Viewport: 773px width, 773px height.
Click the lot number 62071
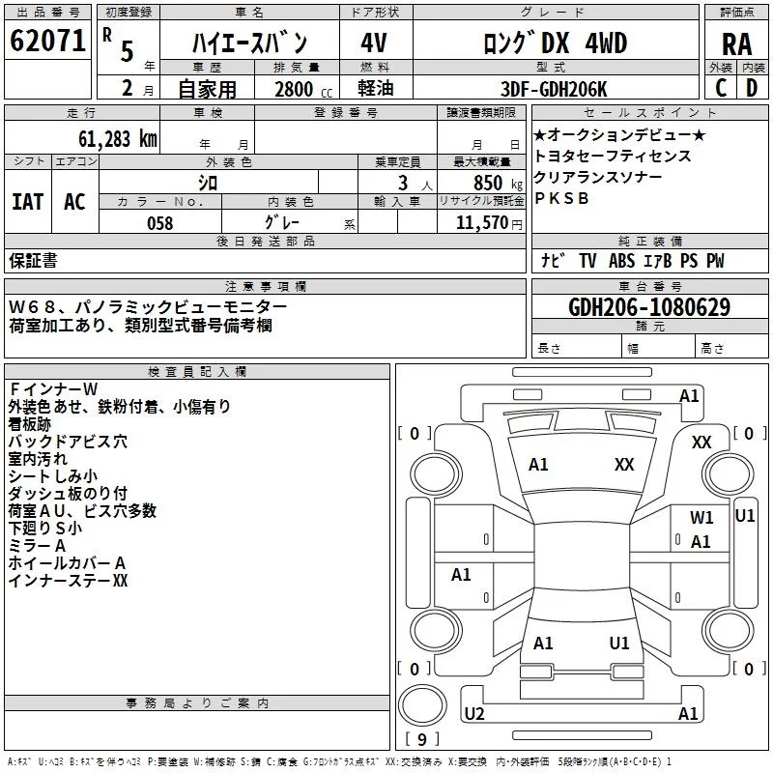click(x=47, y=41)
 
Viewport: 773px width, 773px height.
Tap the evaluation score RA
click(x=736, y=43)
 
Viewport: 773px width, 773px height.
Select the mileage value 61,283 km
click(x=107, y=138)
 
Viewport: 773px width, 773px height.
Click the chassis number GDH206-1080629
click(x=649, y=307)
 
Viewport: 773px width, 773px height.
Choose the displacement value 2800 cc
click(x=302, y=89)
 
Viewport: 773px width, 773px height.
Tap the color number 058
click(x=159, y=223)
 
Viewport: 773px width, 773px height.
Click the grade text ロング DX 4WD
click(x=555, y=43)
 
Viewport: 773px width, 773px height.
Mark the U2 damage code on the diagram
click(x=473, y=713)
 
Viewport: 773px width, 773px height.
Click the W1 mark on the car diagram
click(x=701, y=518)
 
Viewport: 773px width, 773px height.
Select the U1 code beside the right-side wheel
click(x=745, y=515)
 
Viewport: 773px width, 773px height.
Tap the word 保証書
click(x=33, y=261)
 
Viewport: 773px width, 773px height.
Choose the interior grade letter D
click(x=751, y=88)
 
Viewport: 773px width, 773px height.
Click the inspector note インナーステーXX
click(x=68, y=581)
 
